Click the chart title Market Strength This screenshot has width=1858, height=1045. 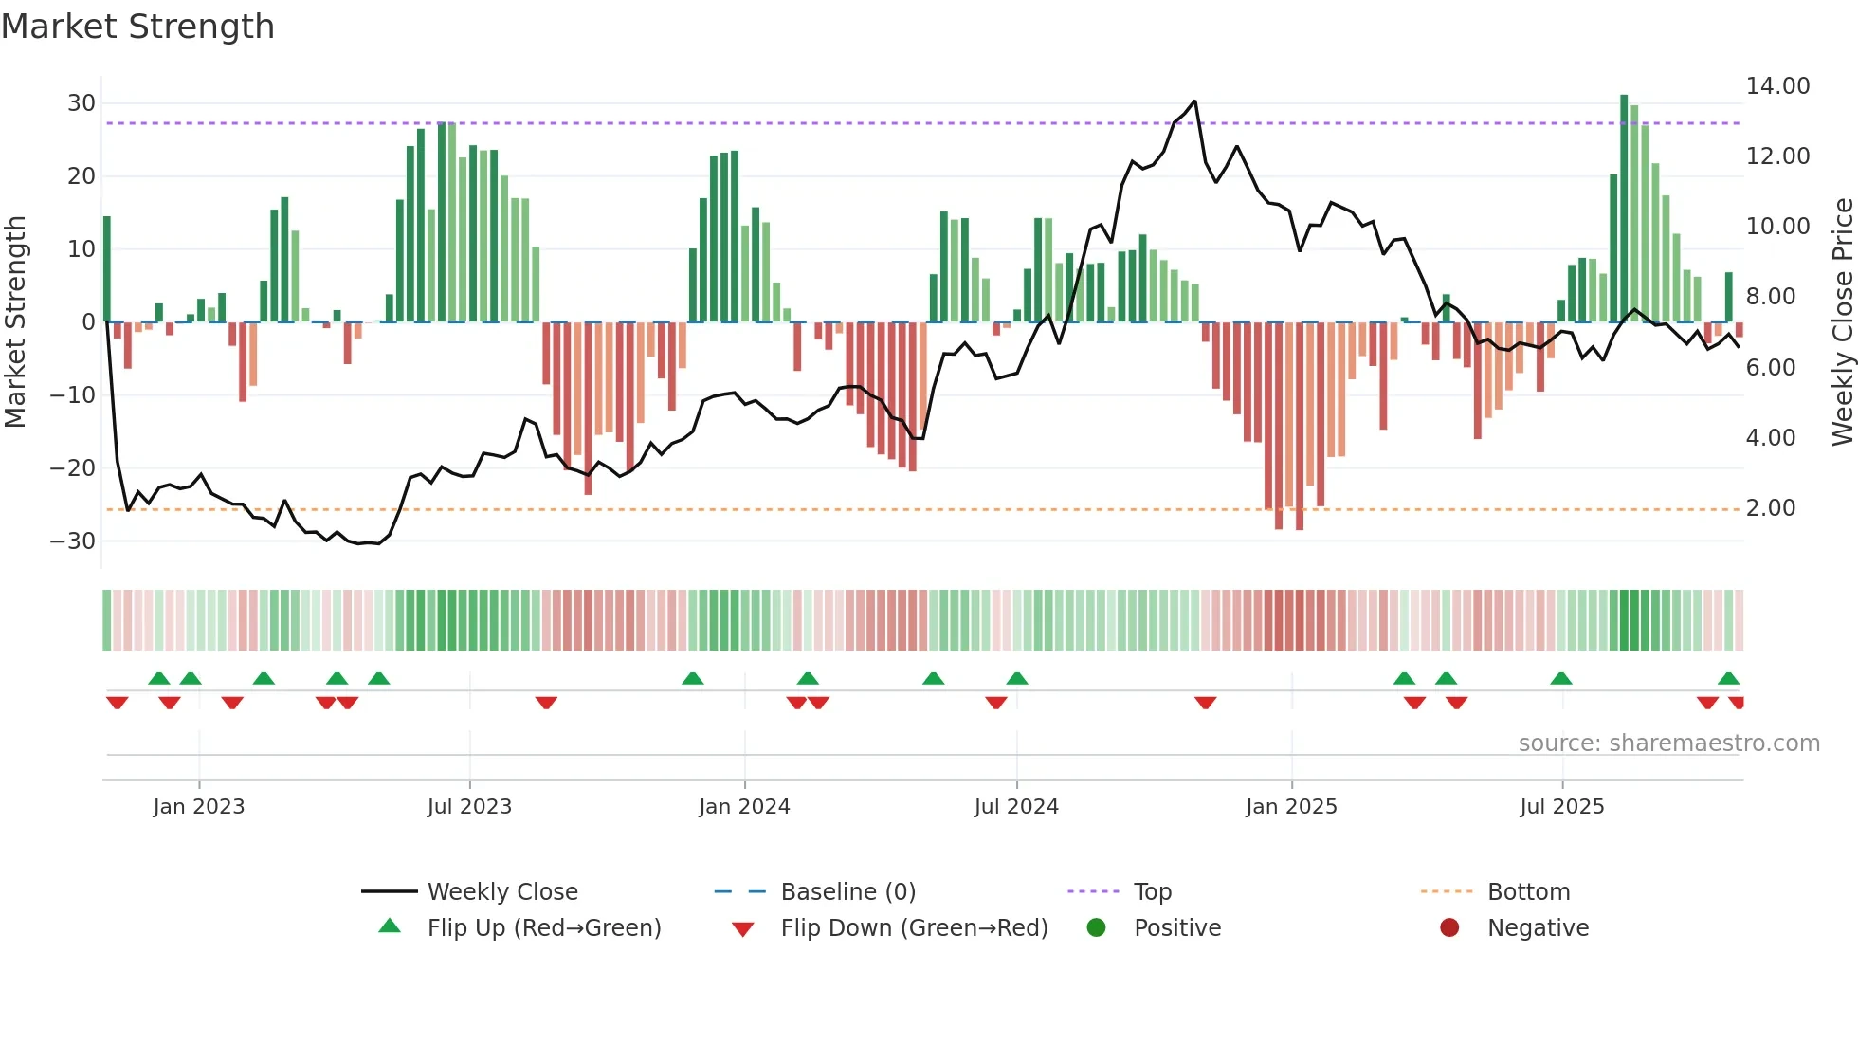click(137, 27)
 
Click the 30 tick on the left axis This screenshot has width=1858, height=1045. click(82, 103)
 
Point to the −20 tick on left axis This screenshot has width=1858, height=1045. click(73, 467)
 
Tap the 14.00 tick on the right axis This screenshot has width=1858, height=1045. click(1777, 86)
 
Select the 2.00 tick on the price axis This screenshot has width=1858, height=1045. click(1770, 508)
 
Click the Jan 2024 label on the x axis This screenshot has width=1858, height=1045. click(744, 807)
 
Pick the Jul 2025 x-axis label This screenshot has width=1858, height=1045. click(1561, 807)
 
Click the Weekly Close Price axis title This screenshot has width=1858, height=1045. click(1842, 322)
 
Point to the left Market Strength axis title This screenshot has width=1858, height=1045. click(15, 322)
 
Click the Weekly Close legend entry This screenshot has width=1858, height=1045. click(501, 892)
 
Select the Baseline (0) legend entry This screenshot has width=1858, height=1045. click(847, 892)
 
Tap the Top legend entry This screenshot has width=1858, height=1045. click(1152, 892)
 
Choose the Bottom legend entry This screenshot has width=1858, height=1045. click(1528, 892)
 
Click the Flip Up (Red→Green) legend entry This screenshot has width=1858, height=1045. click(543, 928)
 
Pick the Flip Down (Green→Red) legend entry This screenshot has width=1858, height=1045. click(913, 928)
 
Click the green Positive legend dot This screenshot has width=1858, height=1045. click(1096, 927)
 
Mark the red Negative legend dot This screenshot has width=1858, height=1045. click(1449, 927)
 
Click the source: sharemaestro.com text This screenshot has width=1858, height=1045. click(1668, 743)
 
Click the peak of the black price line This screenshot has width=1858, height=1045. click(1194, 101)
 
